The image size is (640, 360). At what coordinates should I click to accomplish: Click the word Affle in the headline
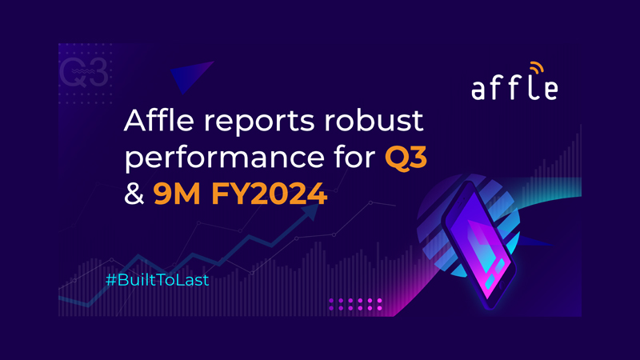158,120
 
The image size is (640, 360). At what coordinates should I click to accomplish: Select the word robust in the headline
374,120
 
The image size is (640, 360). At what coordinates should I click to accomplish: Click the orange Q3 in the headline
406,158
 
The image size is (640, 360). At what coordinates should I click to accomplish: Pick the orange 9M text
177,194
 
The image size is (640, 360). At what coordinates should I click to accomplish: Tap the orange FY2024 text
269,194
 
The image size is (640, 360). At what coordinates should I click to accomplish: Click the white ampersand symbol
134,194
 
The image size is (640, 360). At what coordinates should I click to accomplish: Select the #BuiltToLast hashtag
157,279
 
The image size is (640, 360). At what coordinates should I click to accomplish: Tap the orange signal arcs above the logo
537,67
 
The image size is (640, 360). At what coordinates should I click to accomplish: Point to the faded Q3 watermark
84,72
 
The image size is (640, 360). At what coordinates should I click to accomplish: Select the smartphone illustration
479,245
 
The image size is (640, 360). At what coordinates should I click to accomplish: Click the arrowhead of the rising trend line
311,211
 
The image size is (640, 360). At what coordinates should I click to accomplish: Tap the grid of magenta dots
355,304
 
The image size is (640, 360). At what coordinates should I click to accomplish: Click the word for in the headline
354,156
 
